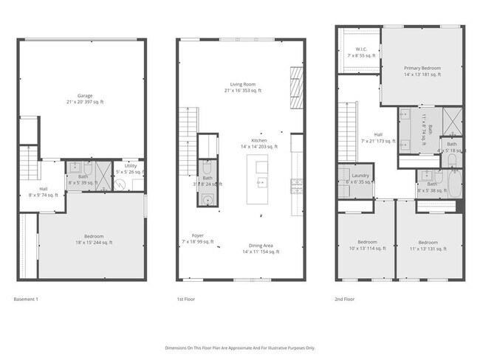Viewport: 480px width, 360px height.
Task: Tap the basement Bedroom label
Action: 92,237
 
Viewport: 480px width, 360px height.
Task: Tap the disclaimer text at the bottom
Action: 239,347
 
